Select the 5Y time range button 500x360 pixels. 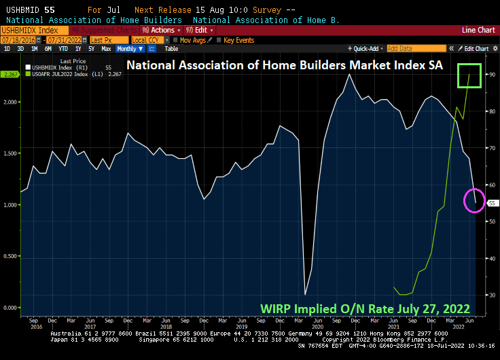tap(92, 49)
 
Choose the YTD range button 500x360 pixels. tap(63, 49)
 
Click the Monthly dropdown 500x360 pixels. tap(128, 49)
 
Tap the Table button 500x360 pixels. tap(171, 49)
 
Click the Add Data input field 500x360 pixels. tap(414, 49)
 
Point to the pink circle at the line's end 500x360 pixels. tap(474, 201)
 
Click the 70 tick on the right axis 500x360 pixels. tap(491, 147)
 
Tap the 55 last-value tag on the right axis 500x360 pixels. tap(493, 202)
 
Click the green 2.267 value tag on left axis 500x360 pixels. tap(9, 74)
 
